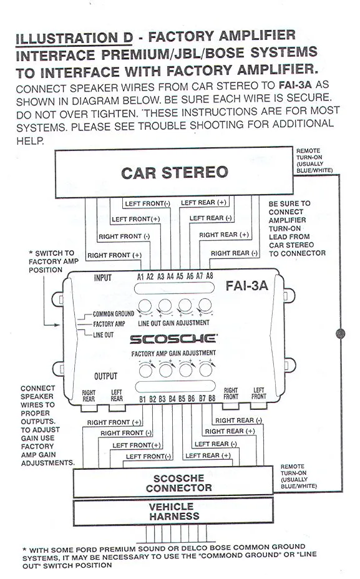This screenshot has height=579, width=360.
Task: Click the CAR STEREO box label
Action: click(174, 172)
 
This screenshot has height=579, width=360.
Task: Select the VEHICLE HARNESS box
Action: click(173, 512)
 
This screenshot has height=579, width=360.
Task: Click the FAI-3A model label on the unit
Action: click(246, 285)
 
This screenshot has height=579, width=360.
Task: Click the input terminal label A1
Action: click(140, 276)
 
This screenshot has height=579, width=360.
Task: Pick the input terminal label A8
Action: click(210, 276)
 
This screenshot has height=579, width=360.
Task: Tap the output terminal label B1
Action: click(143, 399)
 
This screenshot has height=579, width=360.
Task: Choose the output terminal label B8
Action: click(212, 398)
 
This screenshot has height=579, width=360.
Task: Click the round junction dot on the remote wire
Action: click(340, 333)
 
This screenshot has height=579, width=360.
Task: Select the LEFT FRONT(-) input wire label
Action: click(147, 203)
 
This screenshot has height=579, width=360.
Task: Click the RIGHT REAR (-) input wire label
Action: click(234, 253)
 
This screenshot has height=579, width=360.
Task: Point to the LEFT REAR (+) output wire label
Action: click(208, 455)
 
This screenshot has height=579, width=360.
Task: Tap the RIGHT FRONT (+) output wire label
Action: click(114, 422)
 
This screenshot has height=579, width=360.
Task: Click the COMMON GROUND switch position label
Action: click(114, 314)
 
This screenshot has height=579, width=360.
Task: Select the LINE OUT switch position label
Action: click(104, 335)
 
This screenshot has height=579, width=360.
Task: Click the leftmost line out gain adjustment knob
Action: click(145, 306)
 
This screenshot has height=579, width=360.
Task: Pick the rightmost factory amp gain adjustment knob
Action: click(206, 369)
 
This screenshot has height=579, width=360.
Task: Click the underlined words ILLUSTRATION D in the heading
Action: click(74, 38)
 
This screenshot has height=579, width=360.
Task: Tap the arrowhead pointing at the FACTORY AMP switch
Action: click(57, 325)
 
